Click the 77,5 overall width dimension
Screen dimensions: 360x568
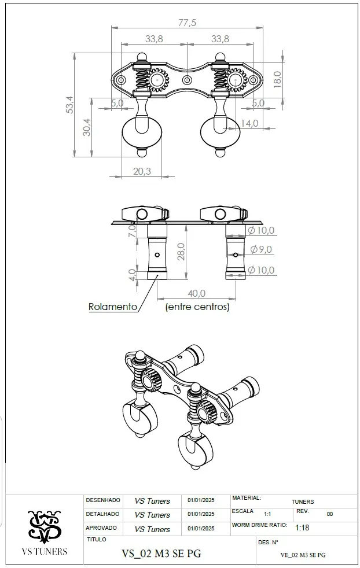(187, 23)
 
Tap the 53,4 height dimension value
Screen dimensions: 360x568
(69, 105)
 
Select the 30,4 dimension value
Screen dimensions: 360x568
(87, 127)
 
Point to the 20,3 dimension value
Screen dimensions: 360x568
(142, 171)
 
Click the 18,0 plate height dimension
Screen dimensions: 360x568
(277, 79)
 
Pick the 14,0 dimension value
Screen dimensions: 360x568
(249, 123)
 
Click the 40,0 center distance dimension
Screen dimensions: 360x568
(197, 293)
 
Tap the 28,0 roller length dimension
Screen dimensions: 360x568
(181, 252)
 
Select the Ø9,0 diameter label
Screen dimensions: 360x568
(261, 249)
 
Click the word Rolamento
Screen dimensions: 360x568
(113, 307)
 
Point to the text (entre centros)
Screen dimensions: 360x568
(197, 307)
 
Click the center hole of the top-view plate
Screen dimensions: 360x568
(187, 80)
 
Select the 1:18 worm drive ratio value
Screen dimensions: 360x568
(302, 528)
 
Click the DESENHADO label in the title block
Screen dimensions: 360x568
(103, 500)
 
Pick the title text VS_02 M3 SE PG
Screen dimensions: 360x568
(161, 554)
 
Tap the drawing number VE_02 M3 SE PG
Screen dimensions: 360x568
(303, 555)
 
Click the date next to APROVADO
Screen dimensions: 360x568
(201, 529)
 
